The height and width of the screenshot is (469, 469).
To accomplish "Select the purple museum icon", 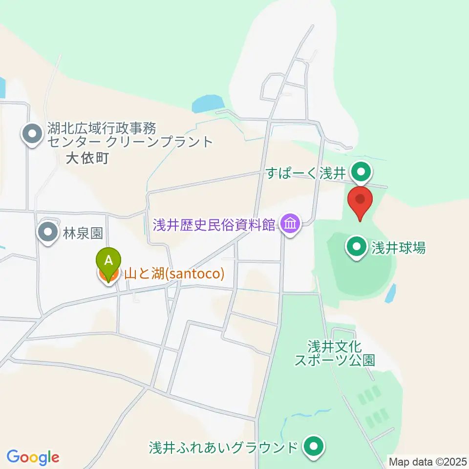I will (x=290, y=224).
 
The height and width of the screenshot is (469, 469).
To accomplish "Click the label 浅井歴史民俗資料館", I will (x=214, y=225).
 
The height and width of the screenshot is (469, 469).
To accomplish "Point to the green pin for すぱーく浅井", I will (x=362, y=172).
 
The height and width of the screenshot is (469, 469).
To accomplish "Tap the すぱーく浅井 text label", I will (x=306, y=172).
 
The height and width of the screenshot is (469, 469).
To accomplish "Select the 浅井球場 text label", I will (x=398, y=248).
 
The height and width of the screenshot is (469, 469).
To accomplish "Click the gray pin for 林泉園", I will (x=48, y=233).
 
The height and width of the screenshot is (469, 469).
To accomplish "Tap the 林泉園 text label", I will (x=83, y=233).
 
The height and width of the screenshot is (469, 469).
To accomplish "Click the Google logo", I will (x=33, y=458).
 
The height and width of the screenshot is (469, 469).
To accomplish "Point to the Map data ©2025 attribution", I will (x=426, y=461).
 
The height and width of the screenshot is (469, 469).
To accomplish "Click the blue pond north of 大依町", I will (x=208, y=103).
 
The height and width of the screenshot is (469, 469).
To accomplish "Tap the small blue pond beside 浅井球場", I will (x=390, y=294).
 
